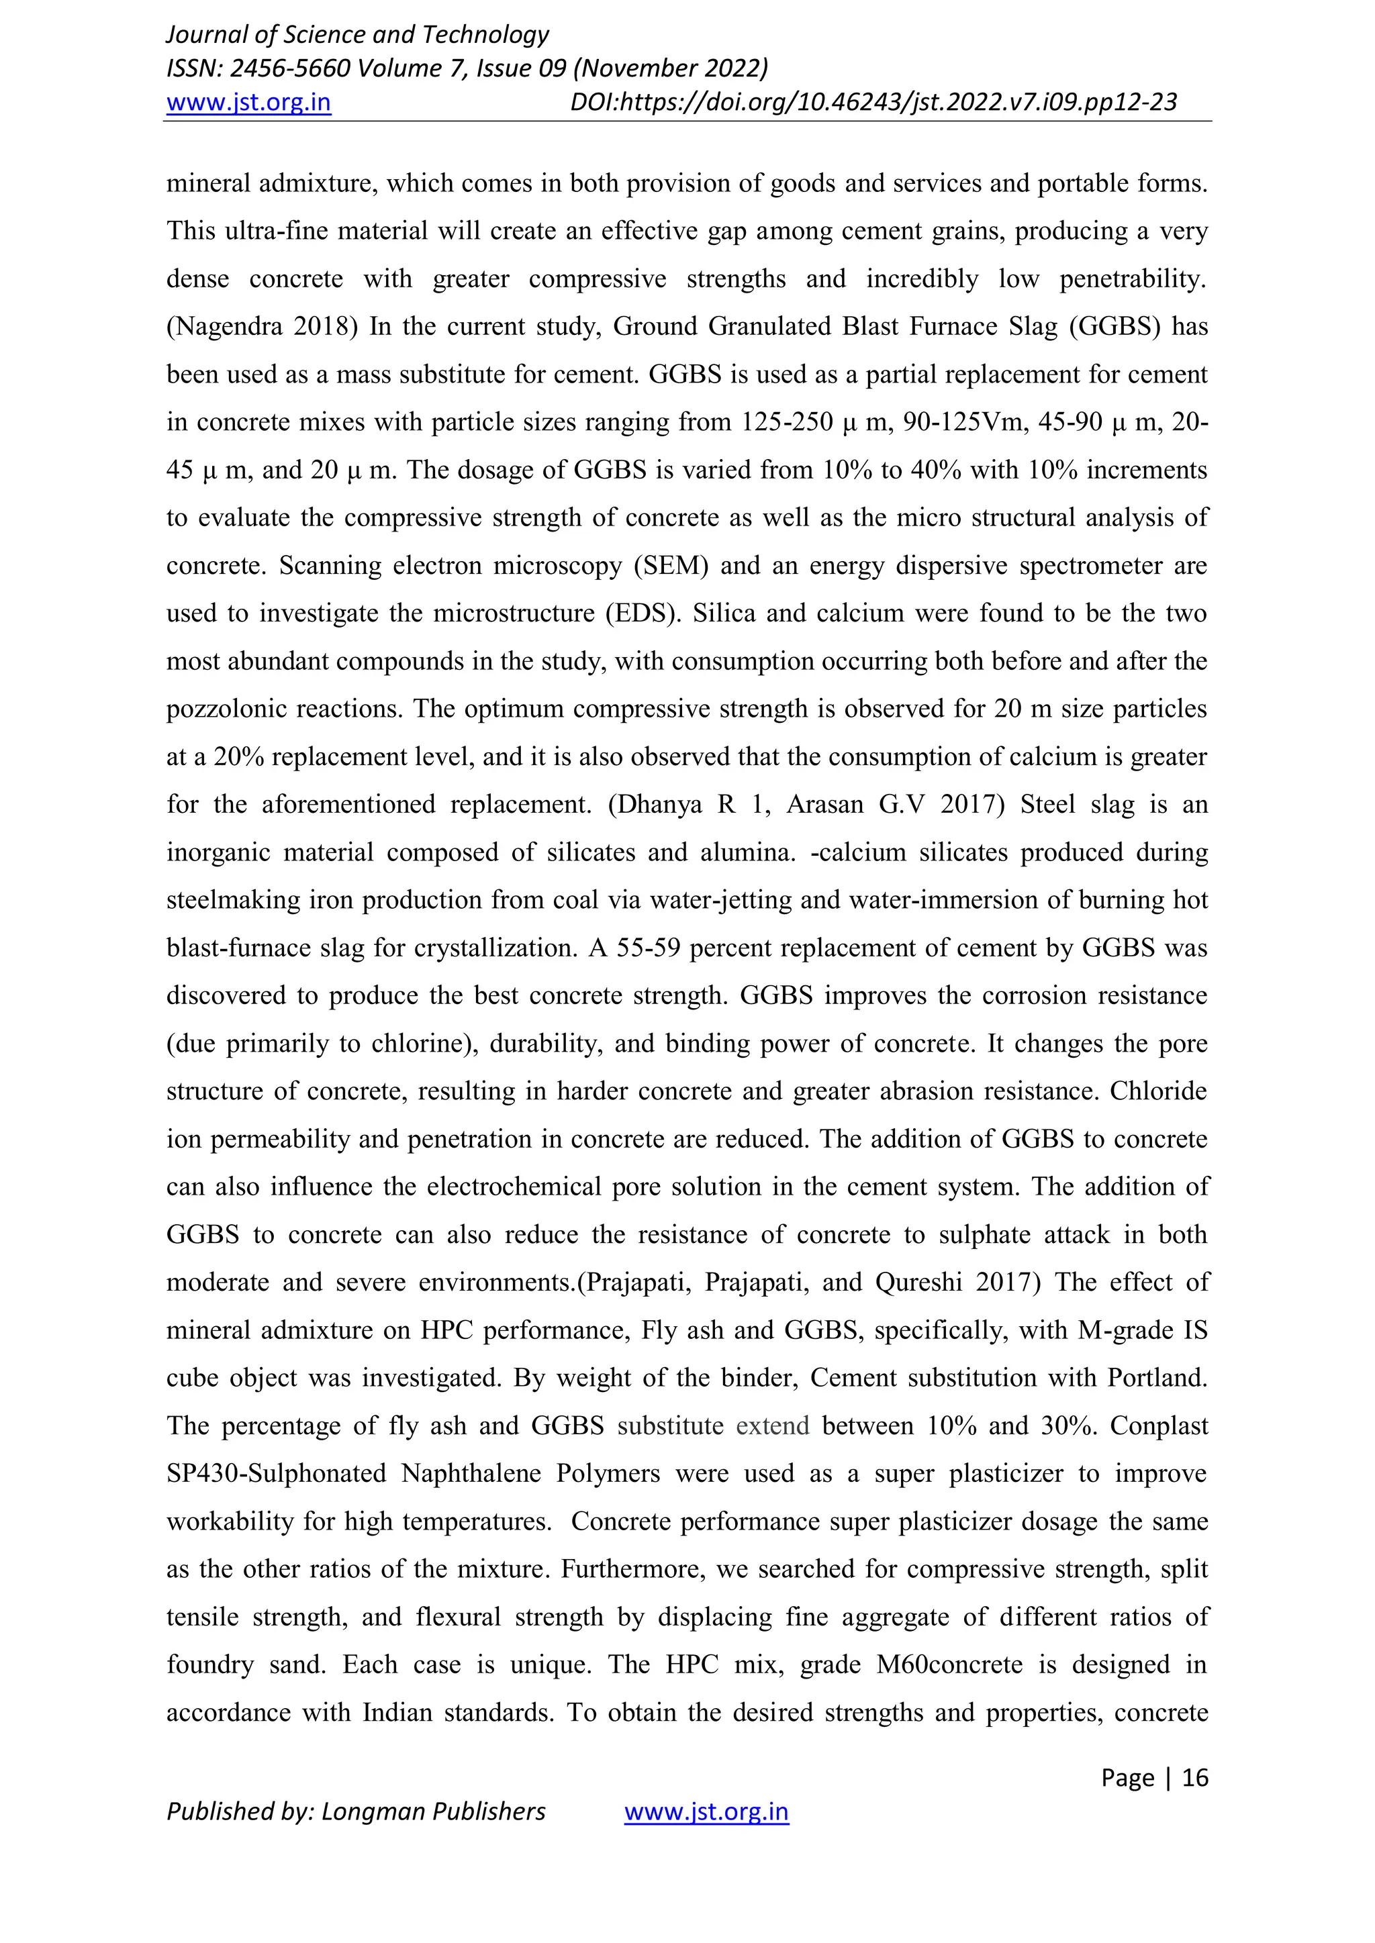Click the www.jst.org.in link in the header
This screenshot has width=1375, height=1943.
tap(248, 103)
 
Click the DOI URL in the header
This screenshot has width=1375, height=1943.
tap(873, 103)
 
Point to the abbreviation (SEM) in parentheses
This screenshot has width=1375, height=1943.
tap(671, 565)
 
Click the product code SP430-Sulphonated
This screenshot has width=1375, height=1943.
tap(276, 1473)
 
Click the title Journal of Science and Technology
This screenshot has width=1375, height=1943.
tap(357, 35)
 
